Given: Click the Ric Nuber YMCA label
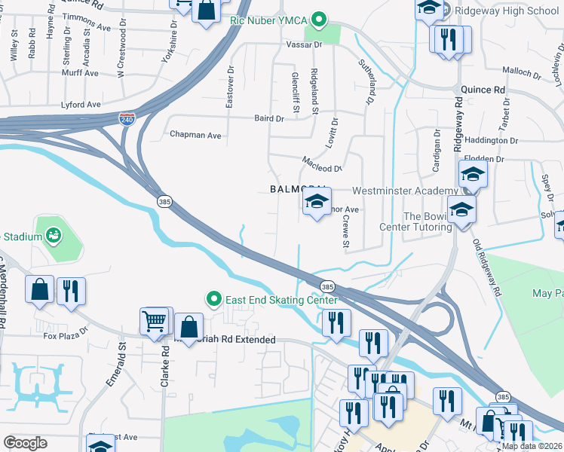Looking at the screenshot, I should tap(271, 20).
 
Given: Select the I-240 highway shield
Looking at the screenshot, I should tap(127, 119).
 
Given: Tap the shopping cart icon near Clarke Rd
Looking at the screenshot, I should tap(155, 321).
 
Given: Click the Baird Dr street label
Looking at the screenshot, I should tap(269, 118).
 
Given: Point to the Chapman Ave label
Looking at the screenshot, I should tap(195, 136).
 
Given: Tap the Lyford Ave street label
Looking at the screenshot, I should tap(82, 105).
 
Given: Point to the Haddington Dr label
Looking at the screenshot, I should tap(492, 140).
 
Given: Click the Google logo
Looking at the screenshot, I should tap(25, 443).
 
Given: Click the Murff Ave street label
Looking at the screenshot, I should tap(81, 73).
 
